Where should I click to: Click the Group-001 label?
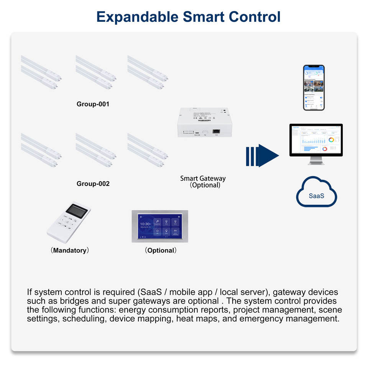(x=93, y=104)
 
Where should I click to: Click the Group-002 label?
(x=93, y=184)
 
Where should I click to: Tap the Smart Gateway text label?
(x=203, y=178)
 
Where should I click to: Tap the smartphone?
(x=314, y=87)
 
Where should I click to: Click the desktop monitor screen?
(x=315, y=140)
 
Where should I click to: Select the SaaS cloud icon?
(x=316, y=193)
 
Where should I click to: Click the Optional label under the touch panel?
(x=161, y=250)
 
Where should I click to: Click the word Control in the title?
(x=255, y=17)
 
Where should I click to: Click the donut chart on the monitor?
(x=331, y=140)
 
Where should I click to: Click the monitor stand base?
(x=316, y=163)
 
